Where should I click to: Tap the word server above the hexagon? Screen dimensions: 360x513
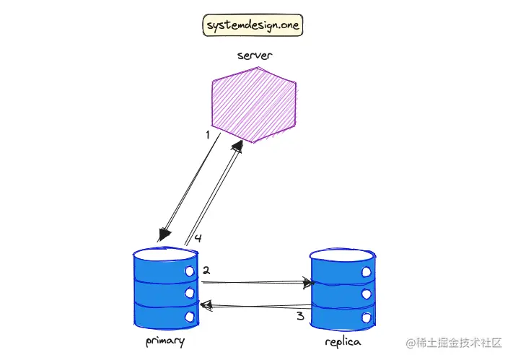[x=253, y=56]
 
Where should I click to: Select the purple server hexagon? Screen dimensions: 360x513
[x=253, y=105]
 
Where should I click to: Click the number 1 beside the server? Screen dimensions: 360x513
[x=208, y=135]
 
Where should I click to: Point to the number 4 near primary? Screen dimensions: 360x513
[x=196, y=238]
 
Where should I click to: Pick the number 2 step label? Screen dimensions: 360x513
[x=206, y=271]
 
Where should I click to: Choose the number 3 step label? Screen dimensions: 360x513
[x=300, y=316]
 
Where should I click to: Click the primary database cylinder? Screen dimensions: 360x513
[x=166, y=288]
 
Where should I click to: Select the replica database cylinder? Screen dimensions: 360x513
[x=343, y=289]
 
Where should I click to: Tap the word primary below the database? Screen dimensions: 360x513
[x=165, y=341]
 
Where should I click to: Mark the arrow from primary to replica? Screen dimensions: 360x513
[x=256, y=283]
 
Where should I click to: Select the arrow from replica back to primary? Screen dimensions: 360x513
[x=256, y=307]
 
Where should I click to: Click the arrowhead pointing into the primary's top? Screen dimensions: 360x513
[x=164, y=234]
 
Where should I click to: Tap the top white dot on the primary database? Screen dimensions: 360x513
[x=190, y=272]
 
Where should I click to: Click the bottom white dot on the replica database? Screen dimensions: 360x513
[x=367, y=316]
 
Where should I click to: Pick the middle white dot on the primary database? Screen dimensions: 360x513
[x=190, y=294]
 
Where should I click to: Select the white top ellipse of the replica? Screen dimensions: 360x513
[x=343, y=255]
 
